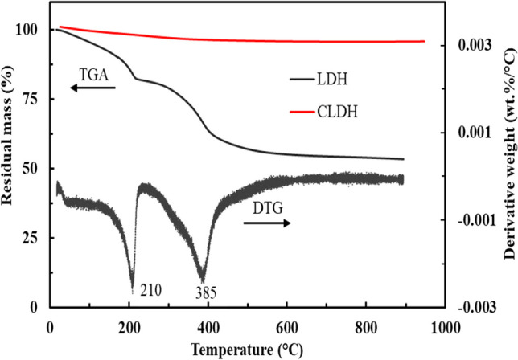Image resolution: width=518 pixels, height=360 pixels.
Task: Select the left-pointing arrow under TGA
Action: point(90,88)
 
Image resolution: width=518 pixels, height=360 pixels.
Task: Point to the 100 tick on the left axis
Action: point(28,30)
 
